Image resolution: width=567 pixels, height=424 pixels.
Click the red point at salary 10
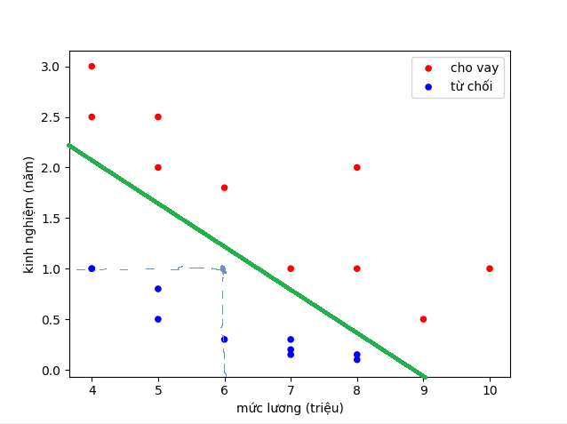point(490,268)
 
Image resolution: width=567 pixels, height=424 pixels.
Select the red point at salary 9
point(423,319)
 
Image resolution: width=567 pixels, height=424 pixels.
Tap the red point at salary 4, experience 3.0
point(92,67)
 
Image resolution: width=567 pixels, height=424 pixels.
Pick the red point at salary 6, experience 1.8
point(224,188)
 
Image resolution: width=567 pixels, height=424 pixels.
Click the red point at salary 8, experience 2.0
point(356,167)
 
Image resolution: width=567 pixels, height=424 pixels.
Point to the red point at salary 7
point(291,268)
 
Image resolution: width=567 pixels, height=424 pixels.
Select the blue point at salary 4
point(92,268)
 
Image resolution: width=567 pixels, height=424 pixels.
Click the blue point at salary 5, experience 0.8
point(158,289)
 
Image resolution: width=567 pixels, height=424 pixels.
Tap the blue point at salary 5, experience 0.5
point(158,319)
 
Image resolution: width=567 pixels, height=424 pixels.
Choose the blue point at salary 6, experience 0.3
point(224,340)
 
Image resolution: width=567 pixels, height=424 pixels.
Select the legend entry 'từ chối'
point(470,87)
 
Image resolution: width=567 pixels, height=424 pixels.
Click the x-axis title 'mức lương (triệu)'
point(290,408)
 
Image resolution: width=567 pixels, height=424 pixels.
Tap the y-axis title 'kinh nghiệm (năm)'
point(29,214)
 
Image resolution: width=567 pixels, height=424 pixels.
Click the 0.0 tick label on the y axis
point(49,370)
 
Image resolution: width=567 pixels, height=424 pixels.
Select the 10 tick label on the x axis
point(490,390)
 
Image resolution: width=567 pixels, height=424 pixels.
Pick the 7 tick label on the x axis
point(291,390)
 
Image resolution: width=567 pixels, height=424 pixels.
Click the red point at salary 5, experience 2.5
point(158,116)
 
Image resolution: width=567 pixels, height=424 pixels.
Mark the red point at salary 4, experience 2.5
point(92,116)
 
